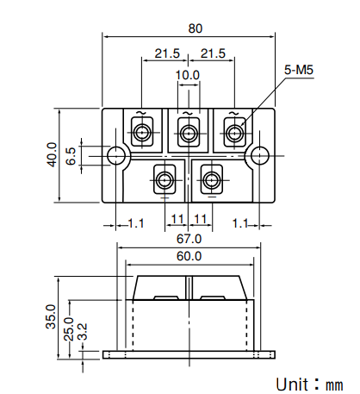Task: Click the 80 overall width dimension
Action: [196, 28]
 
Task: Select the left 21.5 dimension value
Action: [167, 53]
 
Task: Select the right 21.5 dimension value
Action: [212, 53]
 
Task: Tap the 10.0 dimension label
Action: [188, 75]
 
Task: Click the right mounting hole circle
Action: [258, 155]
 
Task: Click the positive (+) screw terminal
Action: [164, 180]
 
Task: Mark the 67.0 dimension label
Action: [189, 238]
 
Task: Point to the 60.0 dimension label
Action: [189, 256]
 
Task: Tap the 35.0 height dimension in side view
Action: [50, 317]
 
